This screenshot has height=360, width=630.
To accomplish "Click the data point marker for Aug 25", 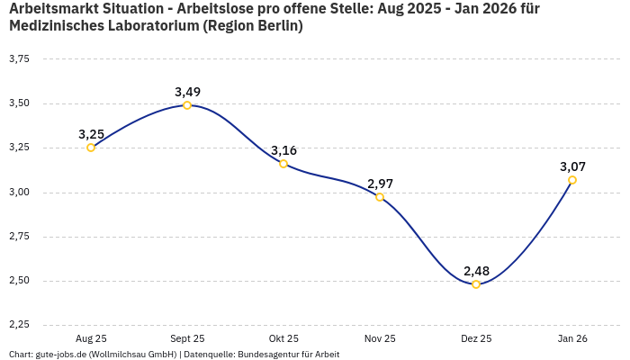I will (91, 148).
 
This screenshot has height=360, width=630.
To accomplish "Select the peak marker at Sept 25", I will (187, 105).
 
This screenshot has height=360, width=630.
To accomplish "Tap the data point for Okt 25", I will (283, 164).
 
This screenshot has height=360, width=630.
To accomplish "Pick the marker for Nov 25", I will (380, 197).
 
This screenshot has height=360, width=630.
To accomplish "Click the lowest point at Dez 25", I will (476, 284).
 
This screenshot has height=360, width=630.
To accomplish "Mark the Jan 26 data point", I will (572, 180).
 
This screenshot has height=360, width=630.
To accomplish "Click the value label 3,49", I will (187, 92).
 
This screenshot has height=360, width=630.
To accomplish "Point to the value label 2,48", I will (476, 271).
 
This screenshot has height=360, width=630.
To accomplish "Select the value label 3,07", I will (572, 166).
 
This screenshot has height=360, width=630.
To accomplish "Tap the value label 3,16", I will (283, 150).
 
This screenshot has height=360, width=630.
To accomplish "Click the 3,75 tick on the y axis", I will (19, 59).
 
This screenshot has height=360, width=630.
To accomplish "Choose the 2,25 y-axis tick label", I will (19, 325).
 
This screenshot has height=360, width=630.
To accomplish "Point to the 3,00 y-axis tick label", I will (19, 193).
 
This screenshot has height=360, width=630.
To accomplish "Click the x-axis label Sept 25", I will (187, 338).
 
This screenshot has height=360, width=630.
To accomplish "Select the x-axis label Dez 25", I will (476, 338).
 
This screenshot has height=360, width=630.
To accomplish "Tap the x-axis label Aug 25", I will (91, 338).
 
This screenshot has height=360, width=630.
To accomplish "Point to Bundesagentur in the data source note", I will (267, 355).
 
